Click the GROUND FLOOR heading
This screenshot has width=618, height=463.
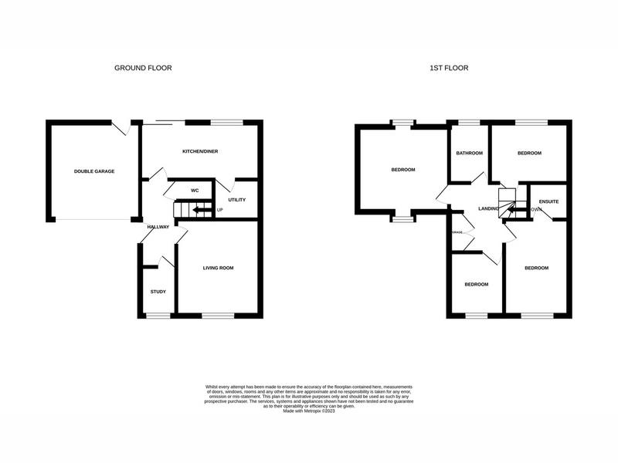[143, 68]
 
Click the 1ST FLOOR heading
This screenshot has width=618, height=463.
[449, 68]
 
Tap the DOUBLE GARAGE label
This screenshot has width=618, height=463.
[94, 171]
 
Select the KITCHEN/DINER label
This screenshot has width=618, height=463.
[200, 151]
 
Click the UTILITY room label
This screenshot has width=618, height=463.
[236, 200]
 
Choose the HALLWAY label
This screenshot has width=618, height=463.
[158, 227]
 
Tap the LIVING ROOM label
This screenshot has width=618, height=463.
[218, 269]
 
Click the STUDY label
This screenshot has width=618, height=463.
[158, 292]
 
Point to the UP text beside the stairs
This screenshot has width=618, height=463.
[220, 210]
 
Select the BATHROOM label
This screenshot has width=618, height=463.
[469, 153]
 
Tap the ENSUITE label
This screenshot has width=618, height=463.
[549, 201]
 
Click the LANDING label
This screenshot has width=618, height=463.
[489, 209]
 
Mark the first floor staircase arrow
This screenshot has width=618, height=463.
[513, 208]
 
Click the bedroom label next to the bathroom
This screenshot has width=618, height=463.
[529, 153]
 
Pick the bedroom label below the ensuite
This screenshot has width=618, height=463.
[536, 269]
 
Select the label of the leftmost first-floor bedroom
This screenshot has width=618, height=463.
[402, 170]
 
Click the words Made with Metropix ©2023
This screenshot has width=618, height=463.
[309, 411]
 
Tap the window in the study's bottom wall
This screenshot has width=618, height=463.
[158, 316]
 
